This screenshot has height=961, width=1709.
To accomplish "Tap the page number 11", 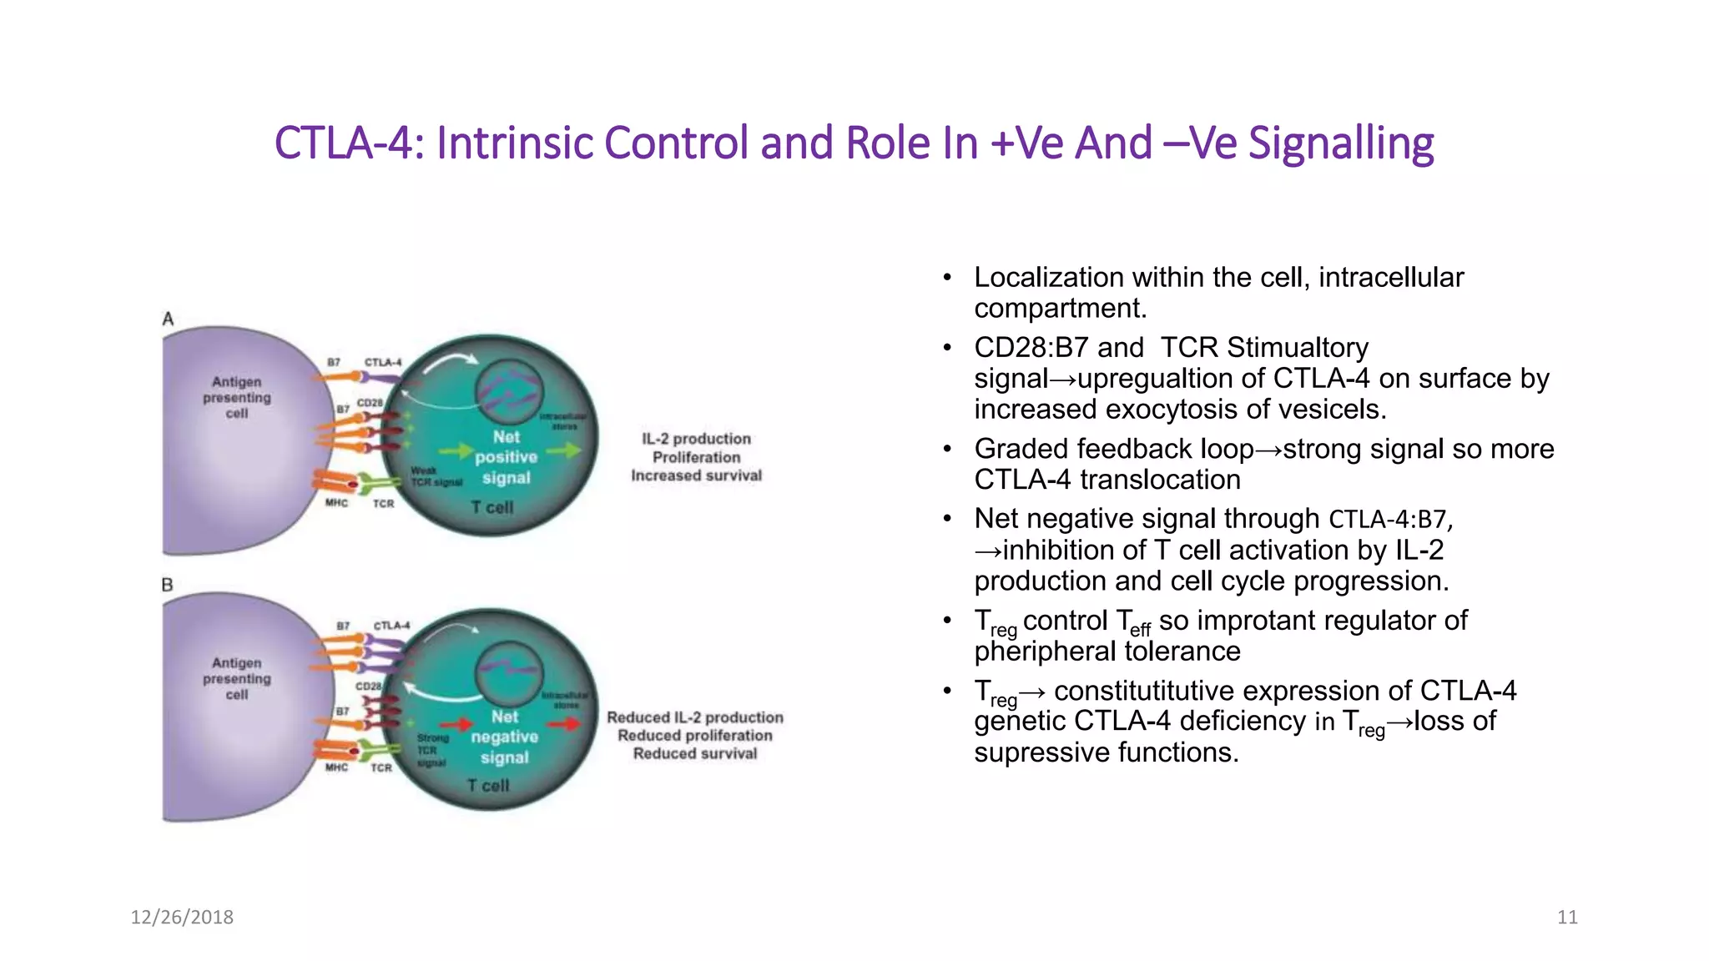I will coord(1567,917).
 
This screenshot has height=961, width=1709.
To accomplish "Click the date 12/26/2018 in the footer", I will coord(182,917).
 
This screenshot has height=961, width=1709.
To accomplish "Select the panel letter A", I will coord(168,319).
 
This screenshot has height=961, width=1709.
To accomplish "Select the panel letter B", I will coord(167,585).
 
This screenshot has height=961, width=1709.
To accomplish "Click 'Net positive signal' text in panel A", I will coord(506,457).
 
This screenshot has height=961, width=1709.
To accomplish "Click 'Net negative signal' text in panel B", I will coord(504,737).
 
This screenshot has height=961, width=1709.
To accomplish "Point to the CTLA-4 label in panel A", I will coord(382,362).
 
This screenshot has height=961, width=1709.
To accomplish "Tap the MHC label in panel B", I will coord(336,767).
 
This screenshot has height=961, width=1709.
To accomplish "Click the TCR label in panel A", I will coord(383,504).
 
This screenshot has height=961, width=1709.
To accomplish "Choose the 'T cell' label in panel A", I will coord(492,507).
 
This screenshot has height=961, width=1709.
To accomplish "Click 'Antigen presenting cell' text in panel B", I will coord(237,678).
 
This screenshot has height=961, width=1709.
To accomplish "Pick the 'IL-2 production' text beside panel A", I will coord(696,439).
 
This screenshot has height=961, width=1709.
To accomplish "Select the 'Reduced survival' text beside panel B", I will coord(694,753).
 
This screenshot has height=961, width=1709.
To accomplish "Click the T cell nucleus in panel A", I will coord(508,391).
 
